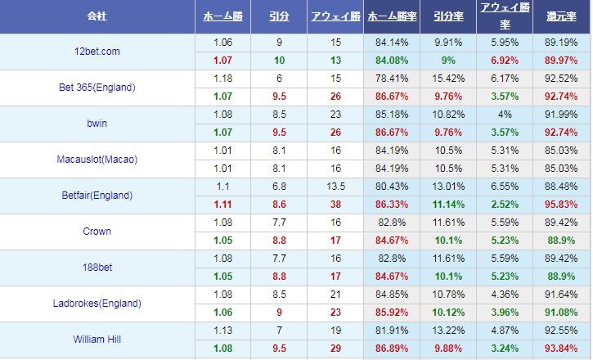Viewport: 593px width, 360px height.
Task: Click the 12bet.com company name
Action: pyautogui.click(x=97, y=52)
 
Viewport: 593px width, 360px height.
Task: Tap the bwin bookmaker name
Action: pyautogui.click(x=97, y=124)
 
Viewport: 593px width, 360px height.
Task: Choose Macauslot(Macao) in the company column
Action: pyautogui.click(x=97, y=160)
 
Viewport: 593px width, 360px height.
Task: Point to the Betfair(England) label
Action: pyautogui.click(x=97, y=196)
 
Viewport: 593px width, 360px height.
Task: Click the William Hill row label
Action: pyautogui.click(x=97, y=340)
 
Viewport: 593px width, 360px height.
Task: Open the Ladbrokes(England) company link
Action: pyautogui.click(x=97, y=304)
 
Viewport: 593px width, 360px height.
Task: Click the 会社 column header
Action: pyautogui.click(x=97, y=16)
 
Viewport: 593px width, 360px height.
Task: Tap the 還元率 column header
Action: pyautogui.click(x=562, y=16)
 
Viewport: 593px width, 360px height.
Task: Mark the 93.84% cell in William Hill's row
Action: pyautogui.click(x=561, y=349)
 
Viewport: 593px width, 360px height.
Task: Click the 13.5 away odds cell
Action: pyautogui.click(x=336, y=187)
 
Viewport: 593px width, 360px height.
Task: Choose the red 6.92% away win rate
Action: pyautogui.click(x=504, y=61)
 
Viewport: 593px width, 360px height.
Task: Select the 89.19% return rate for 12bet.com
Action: pyautogui.click(x=561, y=43)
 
